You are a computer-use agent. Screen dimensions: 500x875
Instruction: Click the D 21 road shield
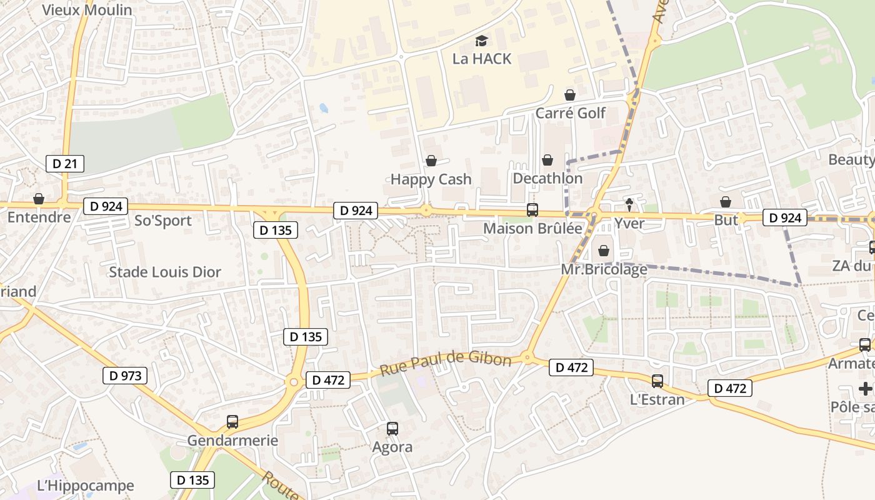coord(65,164)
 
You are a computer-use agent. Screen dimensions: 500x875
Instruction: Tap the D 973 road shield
coord(124,376)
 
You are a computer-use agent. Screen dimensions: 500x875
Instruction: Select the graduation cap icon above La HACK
coord(481,41)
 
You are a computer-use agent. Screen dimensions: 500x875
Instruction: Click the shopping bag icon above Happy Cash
coord(431,161)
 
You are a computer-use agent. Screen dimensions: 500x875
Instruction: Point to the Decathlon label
coord(547,179)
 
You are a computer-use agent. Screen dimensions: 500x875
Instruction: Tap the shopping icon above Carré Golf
coord(570,95)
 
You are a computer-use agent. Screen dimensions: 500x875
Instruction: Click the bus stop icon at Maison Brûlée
coord(532,210)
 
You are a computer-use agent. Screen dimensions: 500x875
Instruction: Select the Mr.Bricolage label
coord(604,270)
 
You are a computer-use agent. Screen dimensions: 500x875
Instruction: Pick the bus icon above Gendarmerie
coord(232,422)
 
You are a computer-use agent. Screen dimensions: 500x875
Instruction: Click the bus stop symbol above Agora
coord(392,429)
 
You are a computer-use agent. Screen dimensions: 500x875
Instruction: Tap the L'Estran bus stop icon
coord(657,381)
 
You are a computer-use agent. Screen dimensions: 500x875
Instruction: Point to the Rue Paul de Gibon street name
coord(446,363)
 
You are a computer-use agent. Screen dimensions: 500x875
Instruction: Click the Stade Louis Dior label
coord(165,272)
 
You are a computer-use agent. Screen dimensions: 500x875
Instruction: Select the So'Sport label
coord(163,221)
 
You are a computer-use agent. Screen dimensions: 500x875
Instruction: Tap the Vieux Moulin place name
coord(87,10)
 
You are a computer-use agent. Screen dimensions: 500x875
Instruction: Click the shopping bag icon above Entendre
coord(39,199)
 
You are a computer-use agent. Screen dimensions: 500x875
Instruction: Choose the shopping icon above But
coord(726,202)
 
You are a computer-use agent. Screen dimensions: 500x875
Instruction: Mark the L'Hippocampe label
coord(86,486)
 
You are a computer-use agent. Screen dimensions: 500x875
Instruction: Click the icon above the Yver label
coord(629,204)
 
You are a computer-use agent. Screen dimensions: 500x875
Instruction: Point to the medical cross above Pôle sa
coord(866,389)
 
